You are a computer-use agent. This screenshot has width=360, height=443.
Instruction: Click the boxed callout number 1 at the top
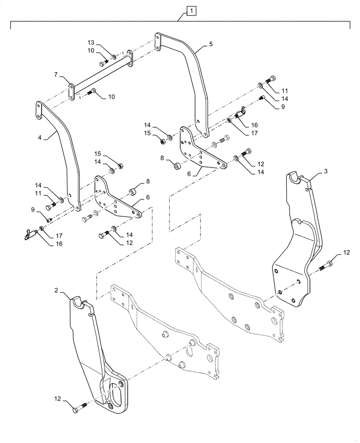click(x=190, y=10)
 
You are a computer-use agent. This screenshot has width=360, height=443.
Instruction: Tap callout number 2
click(x=56, y=290)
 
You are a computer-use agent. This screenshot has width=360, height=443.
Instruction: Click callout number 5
click(x=211, y=44)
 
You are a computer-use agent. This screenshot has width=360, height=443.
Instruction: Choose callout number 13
click(x=91, y=42)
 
